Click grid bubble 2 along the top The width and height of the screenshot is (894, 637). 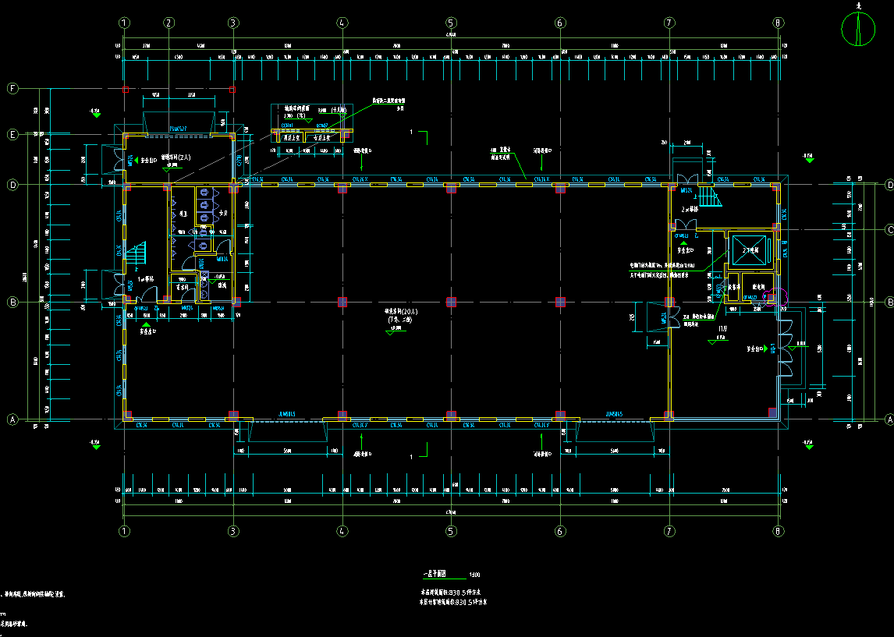click(x=169, y=23)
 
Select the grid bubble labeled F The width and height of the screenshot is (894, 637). click(x=12, y=89)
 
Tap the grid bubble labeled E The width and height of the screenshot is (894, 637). click(x=12, y=135)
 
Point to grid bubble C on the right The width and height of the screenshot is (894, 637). click(x=889, y=229)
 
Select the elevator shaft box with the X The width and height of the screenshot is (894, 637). click(x=748, y=249)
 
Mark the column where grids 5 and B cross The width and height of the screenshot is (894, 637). click(x=451, y=302)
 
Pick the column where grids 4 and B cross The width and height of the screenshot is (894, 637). click(x=342, y=302)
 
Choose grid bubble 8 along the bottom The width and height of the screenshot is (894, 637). click(x=778, y=531)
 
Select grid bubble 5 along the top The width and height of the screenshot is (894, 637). click(x=451, y=23)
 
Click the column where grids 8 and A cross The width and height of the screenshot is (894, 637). click(x=772, y=413)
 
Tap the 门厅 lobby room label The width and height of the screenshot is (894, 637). click(x=723, y=330)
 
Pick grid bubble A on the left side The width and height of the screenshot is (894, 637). click(x=12, y=419)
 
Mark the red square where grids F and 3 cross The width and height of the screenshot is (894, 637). click(x=232, y=90)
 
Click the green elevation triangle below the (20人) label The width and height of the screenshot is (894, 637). click(x=390, y=331)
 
